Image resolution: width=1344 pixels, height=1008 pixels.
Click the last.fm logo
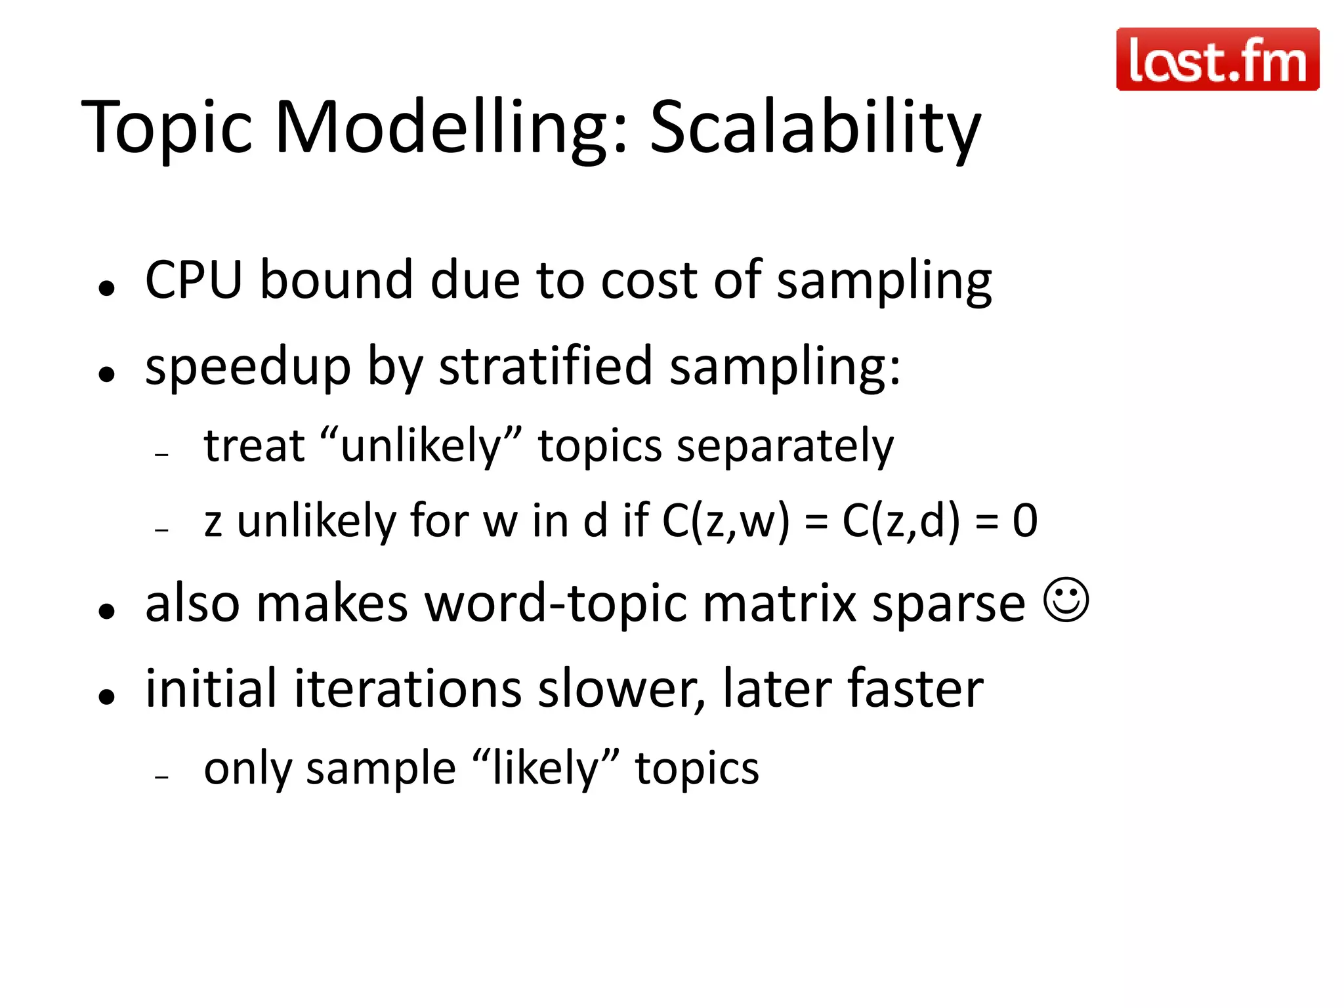tap(1217, 59)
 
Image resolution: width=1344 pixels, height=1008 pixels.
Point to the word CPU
tap(194, 280)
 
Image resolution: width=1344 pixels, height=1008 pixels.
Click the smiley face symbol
tap(1066, 600)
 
